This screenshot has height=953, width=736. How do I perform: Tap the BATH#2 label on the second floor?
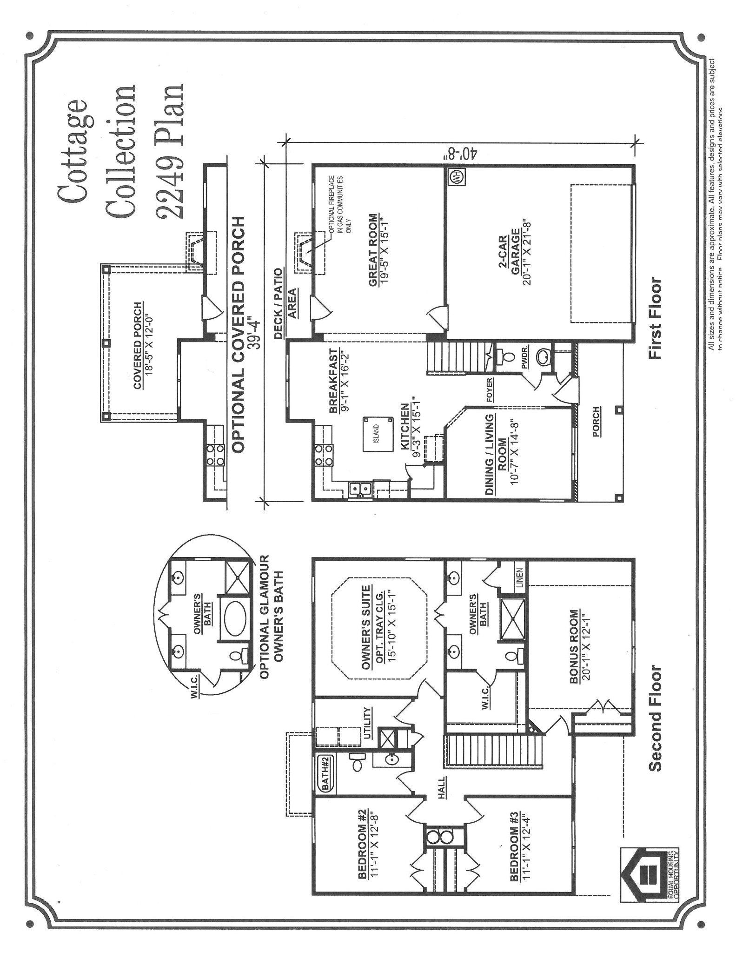325,773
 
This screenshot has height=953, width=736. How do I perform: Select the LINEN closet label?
520,577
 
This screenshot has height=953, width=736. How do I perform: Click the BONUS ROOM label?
574,647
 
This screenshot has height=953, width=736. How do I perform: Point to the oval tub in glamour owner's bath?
237,617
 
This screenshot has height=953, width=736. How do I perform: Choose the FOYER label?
490,389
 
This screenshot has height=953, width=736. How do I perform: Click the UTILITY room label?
368,723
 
